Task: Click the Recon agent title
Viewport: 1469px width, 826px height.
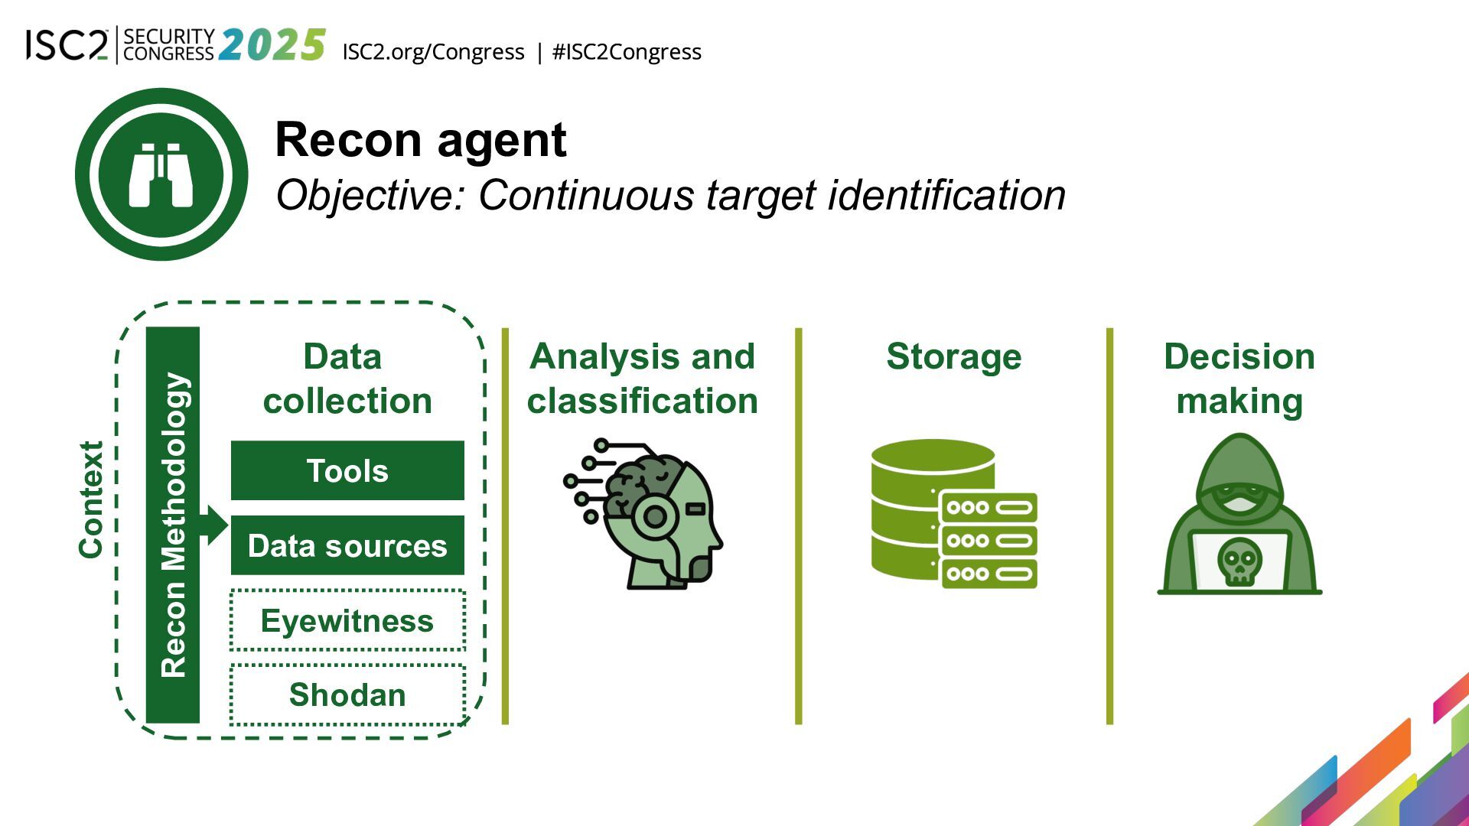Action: point(420,140)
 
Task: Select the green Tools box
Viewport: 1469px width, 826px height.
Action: point(347,470)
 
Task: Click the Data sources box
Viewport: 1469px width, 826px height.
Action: point(347,545)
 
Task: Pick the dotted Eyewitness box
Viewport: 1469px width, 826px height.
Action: point(347,620)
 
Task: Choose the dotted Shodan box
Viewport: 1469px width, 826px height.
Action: point(347,694)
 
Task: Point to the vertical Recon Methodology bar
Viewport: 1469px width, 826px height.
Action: point(173,525)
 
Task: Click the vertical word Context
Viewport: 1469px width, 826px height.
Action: point(91,499)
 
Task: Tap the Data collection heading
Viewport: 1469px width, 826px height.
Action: point(347,379)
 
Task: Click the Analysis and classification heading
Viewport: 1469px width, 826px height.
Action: point(642,379)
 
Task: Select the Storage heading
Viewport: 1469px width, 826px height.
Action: point(953,356)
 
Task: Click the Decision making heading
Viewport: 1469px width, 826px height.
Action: point(1239,379)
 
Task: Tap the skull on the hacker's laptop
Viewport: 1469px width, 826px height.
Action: point(1239,561)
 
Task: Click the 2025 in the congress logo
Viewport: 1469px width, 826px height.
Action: point(272,45)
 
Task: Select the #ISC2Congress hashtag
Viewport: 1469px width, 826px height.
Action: point(627,52)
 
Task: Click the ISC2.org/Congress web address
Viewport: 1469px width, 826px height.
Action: point(433,52)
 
